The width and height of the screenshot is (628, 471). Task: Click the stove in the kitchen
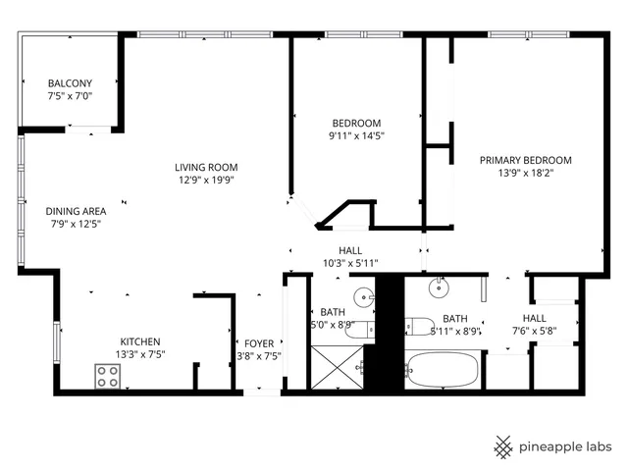coord(107,375)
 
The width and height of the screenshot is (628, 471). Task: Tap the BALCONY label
coord(70,83)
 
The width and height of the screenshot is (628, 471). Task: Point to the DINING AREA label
coord(76,211)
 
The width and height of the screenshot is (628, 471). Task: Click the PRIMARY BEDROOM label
coord(525,160)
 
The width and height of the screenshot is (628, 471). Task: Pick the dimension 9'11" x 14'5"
coord(356,136)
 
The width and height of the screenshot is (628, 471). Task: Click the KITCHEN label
coord(138,341)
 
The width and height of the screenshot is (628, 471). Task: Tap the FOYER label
coord(259,342)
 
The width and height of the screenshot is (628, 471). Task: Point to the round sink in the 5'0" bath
coord(364,294)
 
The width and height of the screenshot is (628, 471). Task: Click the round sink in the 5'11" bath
coord(441,286)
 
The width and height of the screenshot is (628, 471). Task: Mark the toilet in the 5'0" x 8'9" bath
coord(359,329)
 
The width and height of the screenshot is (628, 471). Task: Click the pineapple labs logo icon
coord(503,445)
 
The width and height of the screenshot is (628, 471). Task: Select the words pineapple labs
coord(566,445)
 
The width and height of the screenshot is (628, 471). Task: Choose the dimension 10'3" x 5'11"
coord(350,263)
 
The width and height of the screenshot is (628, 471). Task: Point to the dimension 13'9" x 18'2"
coord(525,174)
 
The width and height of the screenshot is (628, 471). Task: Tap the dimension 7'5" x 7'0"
coord(70,96)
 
